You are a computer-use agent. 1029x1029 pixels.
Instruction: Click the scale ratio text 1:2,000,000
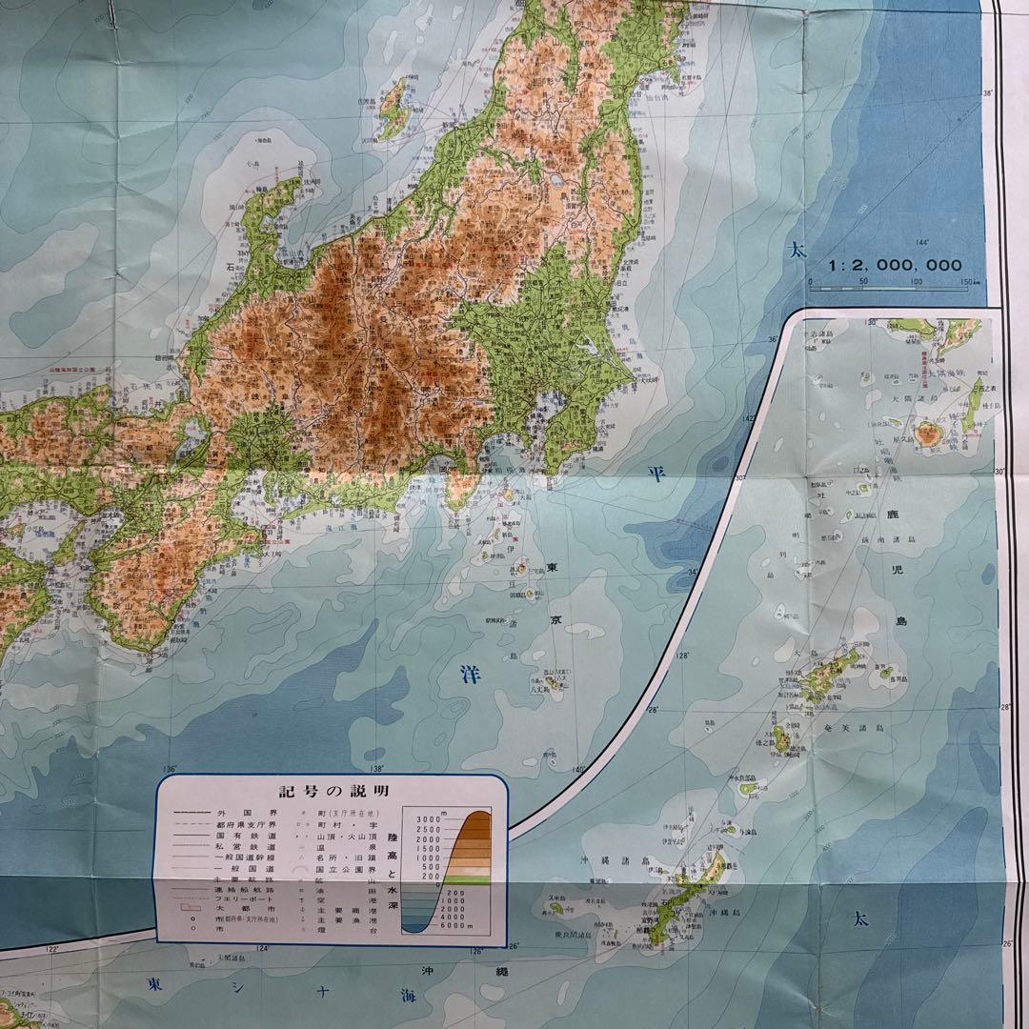(x=895, y=266)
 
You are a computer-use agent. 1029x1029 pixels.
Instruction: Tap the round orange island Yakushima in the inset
(x=926, y=434)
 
